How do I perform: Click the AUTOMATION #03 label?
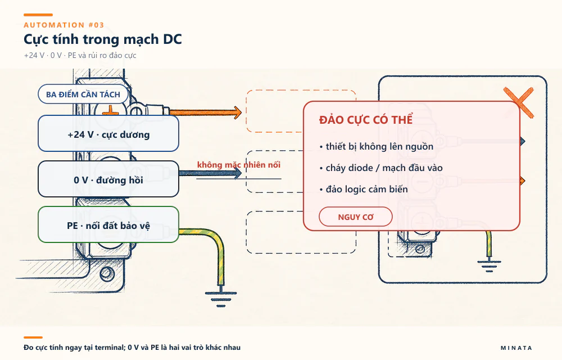coord(64,25)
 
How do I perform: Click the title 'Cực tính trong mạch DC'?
coord(102,39)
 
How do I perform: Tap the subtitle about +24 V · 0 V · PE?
coord(80,55)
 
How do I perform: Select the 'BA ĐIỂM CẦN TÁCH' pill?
coord(83,94)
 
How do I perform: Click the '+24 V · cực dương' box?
coord(108,133)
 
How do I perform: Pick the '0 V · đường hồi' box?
coord(108,179)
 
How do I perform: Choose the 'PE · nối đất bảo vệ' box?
coord(108,224)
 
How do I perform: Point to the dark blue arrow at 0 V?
coord(210,173)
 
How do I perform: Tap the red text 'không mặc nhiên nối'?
coord(239,165)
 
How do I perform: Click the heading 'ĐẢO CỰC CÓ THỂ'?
coord(366,120)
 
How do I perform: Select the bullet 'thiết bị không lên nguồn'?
coord(377,146)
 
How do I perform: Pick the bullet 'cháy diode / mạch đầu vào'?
coord(381,168)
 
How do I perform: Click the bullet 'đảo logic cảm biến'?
coord(364,189)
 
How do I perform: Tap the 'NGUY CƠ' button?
coord(356,217)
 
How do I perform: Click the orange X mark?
coord(519,102)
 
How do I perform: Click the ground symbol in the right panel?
coord(490,265)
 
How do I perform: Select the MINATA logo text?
coord(516,348)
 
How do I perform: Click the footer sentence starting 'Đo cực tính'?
coord(132,347)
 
